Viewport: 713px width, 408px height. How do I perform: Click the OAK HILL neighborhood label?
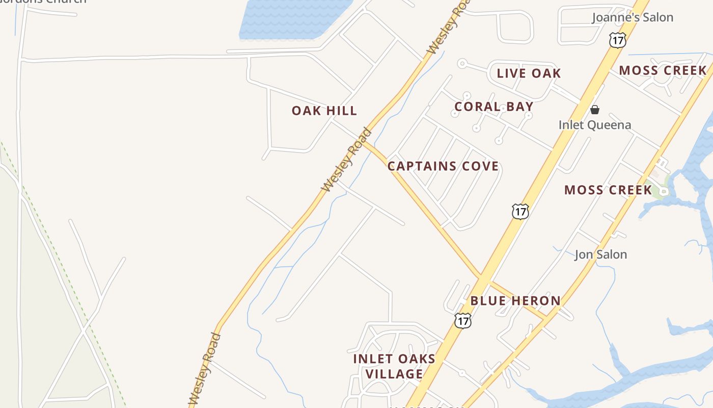[324, 111]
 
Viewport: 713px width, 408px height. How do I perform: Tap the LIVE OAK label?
[529, 73]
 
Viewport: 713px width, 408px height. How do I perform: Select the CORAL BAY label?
[493, 107]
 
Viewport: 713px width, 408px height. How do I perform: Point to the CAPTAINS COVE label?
[443, 166]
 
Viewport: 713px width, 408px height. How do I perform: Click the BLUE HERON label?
[515, 301]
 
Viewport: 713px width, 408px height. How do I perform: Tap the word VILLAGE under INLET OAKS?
[395, 374]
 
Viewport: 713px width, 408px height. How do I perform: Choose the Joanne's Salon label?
[633, 17]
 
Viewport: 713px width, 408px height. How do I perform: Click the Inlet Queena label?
[594, 125]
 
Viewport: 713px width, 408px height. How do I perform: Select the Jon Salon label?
[600, 254]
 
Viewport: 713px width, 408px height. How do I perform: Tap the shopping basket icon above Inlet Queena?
[594, 110]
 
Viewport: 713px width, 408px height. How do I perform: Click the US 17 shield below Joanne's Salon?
[617, 40]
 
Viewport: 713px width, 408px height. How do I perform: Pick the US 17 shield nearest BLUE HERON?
[463, 320]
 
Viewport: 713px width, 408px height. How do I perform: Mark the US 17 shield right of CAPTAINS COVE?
[520, 211]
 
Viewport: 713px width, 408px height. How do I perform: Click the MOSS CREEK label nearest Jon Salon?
[608, 190]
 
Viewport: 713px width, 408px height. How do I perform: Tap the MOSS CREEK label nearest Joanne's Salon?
[663, 70]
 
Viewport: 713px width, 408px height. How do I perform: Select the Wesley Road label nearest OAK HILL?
[347, 160]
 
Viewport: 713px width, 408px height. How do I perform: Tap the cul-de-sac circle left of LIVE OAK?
[462, 64]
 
